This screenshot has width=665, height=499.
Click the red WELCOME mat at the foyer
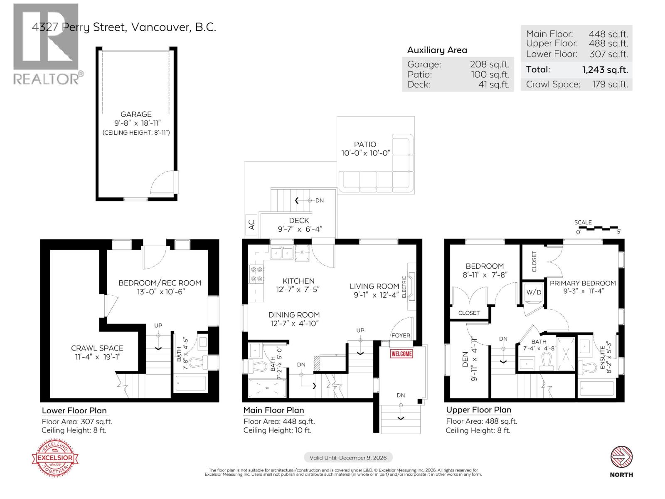(401, 353)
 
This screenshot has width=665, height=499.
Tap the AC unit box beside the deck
(251, 225)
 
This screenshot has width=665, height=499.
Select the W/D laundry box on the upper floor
(534, 292)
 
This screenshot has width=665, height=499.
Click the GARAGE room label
(136, 114)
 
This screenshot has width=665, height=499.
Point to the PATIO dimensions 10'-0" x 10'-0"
(366, 153)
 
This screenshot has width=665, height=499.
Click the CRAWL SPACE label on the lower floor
(97, 348)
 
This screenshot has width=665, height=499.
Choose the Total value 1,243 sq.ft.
(605, 69)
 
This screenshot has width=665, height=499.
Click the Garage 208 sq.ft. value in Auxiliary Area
(489, 64)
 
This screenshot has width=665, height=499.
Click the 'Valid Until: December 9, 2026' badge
(348, 457)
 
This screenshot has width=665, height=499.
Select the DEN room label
(464, 357)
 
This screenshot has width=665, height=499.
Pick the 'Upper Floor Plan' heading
(478, 410)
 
